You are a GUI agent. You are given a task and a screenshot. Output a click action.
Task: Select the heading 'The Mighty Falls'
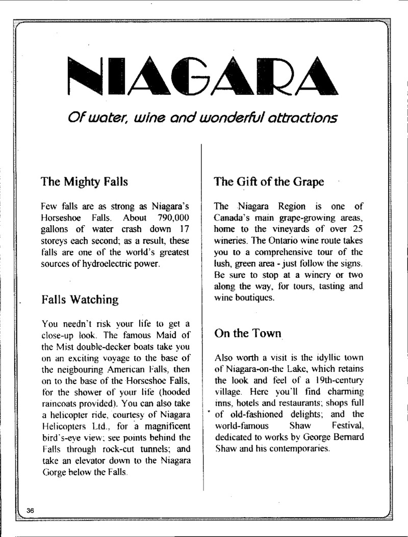(x=84, y=181)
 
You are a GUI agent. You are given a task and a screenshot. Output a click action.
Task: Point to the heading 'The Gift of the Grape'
(x=269, y=181)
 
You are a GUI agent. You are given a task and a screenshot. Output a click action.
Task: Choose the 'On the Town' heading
(x=247, y=334)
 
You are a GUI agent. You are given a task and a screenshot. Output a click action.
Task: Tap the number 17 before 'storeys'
(x=185, y=229)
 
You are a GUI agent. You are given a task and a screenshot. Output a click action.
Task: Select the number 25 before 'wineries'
(x=357, y=229)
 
